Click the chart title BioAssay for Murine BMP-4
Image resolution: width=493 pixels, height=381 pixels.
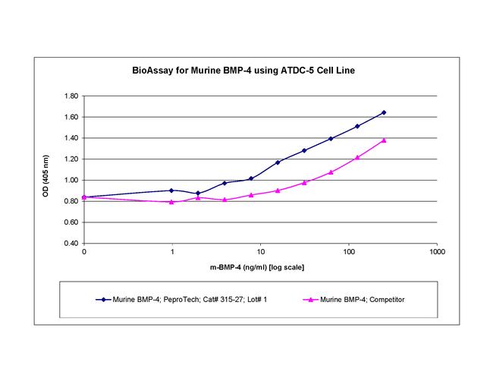[x=246, y=71]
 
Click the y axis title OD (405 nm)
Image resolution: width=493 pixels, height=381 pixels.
[x=46, y=170]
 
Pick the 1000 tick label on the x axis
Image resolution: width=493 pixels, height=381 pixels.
[x=436, y=251]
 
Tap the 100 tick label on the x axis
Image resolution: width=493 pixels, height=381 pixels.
[x=348, y=251]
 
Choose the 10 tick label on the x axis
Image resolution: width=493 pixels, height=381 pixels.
[x=260, y=251]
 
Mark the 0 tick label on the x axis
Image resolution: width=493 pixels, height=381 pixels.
[x=83, y=251]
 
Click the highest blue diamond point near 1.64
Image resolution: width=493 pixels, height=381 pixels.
[x=384, y=112]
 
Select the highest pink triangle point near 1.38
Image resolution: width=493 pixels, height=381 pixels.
[x=384, y=140]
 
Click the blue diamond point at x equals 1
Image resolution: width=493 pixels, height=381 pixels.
[x=171, y=190]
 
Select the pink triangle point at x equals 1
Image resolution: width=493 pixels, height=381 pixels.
[x=171, y=202]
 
